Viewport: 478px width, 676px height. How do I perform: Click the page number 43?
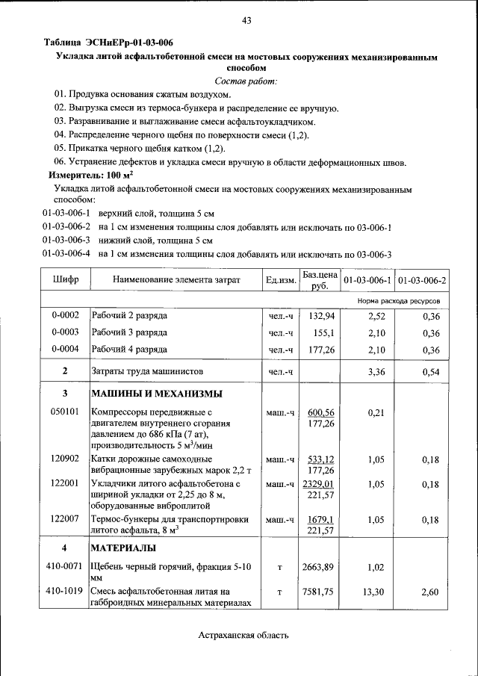click(246, 20)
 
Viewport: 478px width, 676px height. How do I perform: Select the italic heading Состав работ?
click(246, 81)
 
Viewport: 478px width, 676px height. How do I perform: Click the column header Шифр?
click(65, 280)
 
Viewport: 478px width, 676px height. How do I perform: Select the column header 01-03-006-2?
click(422, 280)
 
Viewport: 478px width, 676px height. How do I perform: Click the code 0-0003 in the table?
click(65, 332)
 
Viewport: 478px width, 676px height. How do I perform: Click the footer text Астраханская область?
click(243, 635)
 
